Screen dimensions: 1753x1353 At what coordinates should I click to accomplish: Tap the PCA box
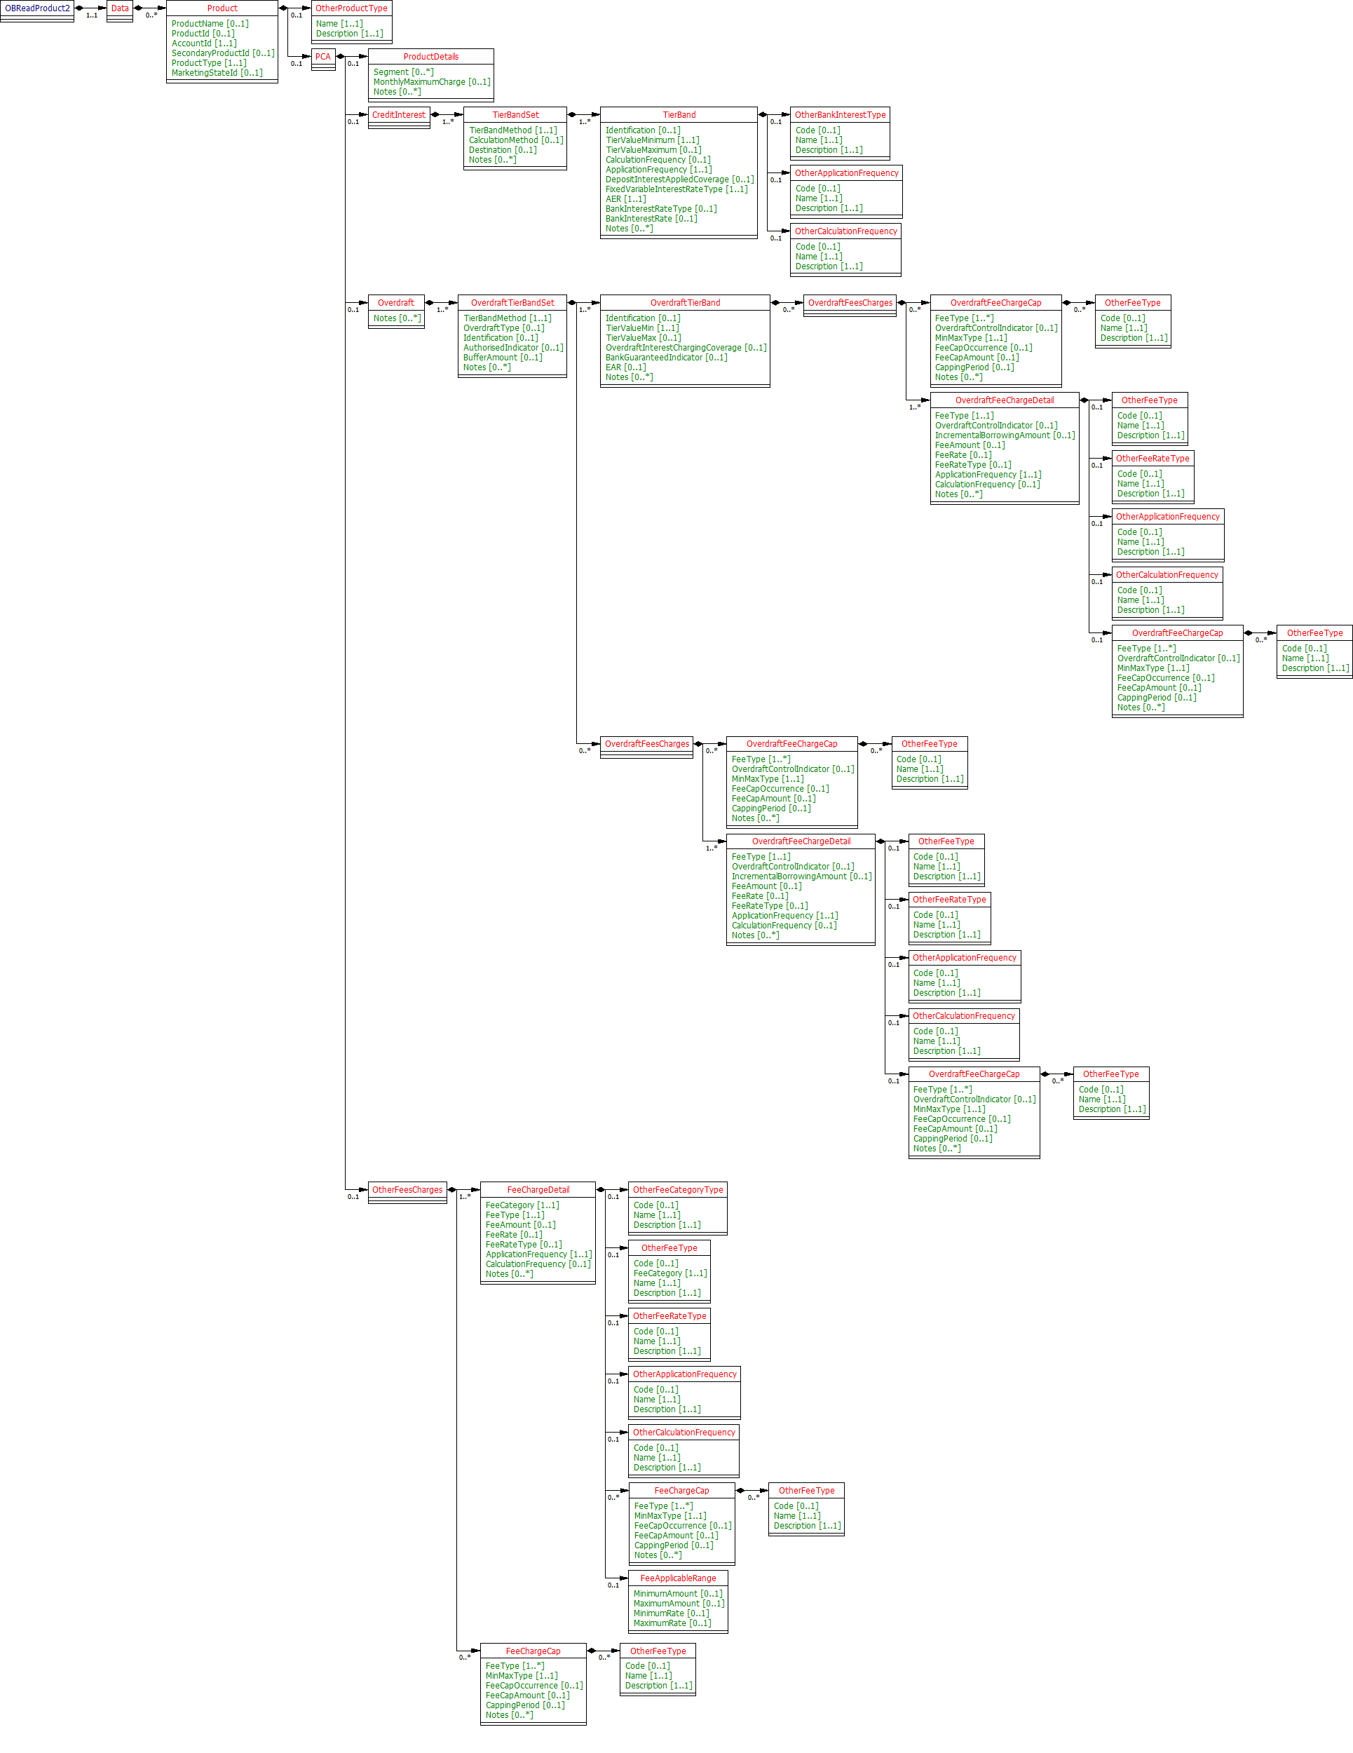[x=322, y=57]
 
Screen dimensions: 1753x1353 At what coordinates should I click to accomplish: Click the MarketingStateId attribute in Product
[x=217, y=73]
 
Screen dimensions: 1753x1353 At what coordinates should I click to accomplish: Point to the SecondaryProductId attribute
[x=222, y=53]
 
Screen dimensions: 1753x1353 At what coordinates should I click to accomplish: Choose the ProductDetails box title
[x=431, y=57]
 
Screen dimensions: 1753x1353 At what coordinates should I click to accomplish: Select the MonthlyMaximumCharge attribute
[x=431, y=82]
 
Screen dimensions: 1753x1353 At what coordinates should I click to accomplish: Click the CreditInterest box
[x=399, y=115]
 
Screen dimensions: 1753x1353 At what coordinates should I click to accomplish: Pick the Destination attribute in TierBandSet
[x=503, y=150]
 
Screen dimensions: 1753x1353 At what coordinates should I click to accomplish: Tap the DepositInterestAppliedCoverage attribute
[x=679, y=180]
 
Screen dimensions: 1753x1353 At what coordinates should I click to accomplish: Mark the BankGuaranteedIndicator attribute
[x=666, y=357]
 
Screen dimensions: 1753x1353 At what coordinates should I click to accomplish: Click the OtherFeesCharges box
[x=407, y=1189]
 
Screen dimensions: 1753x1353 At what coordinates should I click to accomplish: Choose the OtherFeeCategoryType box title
[x=677, y=1189]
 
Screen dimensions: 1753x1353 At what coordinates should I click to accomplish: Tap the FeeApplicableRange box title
[x=677, y=1578]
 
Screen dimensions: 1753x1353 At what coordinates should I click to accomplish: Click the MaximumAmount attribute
[x=678, y=1604]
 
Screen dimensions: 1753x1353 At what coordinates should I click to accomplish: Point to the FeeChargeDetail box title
[x=538, y=1189]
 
